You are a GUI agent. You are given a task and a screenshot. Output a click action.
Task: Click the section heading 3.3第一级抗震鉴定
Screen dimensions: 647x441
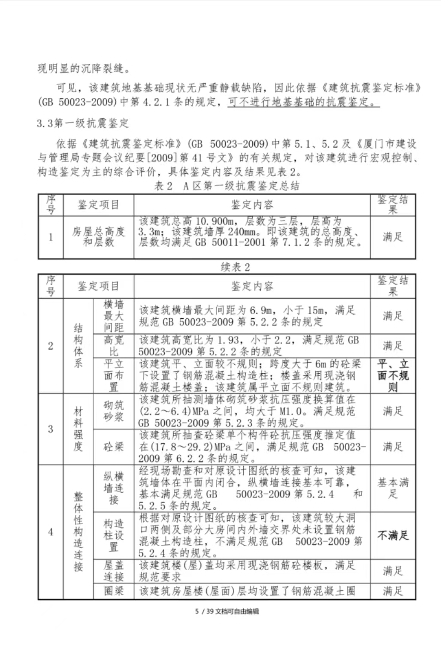click(82, 124)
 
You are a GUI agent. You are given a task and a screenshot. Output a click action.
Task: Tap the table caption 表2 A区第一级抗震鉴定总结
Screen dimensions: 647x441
click(227, 186)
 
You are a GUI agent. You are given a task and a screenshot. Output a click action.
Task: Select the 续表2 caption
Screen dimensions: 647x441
click(235, 267)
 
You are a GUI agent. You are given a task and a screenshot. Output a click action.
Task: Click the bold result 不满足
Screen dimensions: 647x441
click(393, 535)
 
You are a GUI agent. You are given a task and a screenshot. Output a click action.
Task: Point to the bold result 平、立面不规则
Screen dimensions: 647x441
click(393, 375)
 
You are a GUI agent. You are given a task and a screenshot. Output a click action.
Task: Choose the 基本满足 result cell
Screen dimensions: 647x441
click(393, 488)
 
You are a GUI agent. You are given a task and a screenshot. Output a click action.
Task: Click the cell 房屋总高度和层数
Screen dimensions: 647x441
click(98, 237)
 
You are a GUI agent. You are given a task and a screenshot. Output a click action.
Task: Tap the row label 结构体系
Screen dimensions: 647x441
click(78, 346)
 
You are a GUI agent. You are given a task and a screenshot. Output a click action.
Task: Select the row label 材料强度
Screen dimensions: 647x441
click(78, 429)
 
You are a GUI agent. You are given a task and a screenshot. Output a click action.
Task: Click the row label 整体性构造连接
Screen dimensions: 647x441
click(78, 532)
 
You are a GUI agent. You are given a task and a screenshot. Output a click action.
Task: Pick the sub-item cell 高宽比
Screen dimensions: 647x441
click(113, 346)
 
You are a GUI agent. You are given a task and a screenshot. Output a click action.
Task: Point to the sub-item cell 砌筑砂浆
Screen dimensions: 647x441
click(113, 411)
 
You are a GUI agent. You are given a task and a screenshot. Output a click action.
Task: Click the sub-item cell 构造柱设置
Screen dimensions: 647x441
click(113, 535)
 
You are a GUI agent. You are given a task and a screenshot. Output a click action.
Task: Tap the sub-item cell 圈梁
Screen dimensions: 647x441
click(113, 591)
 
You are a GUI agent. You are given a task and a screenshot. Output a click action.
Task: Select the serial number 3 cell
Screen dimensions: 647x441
click(51, 429)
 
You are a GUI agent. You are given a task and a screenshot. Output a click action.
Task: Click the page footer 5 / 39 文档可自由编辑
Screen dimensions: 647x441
click(227, 611)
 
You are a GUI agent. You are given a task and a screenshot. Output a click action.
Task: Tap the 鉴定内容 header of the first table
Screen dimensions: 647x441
click(252, 205)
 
